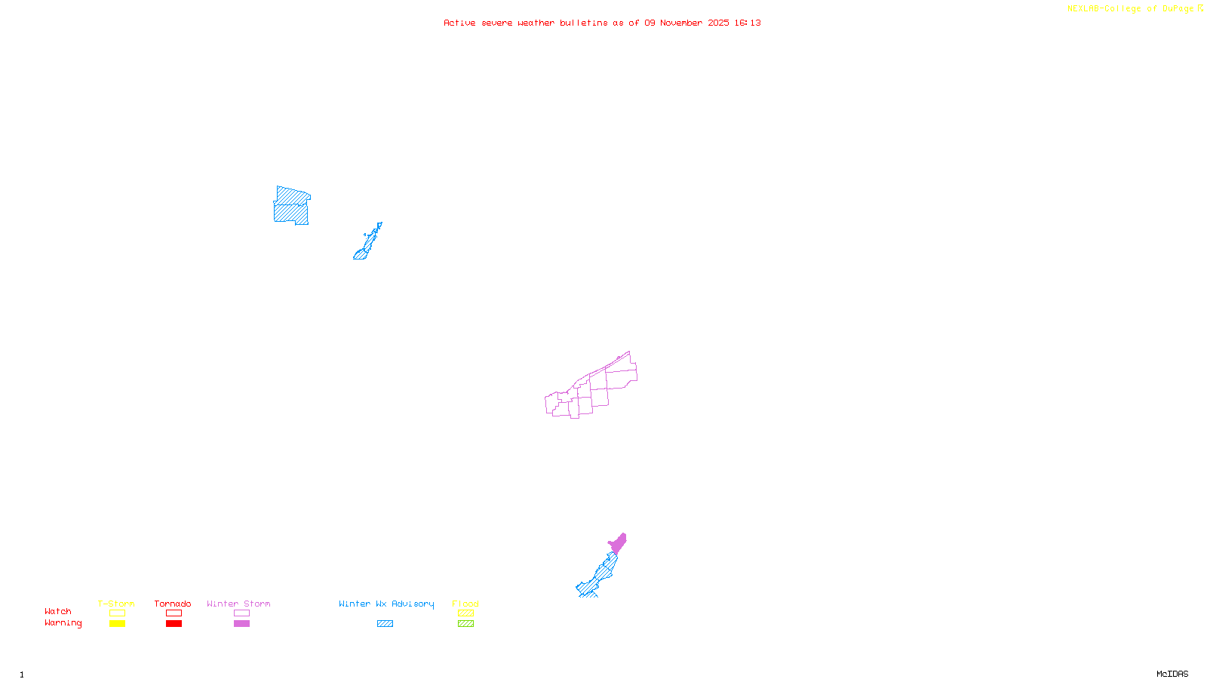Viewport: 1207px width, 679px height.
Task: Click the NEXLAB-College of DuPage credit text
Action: pos(1131,9)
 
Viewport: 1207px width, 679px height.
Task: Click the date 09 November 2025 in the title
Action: pos(686,23)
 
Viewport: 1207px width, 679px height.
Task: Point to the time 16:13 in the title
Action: pos(748,23)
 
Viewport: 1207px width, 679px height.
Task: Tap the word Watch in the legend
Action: pos(58,612)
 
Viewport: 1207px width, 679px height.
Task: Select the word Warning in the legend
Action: pos(63,623)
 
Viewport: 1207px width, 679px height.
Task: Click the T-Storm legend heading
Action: pos(116,604)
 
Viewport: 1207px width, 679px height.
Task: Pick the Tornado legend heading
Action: pos(173,604)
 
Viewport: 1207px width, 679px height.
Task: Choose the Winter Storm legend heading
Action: pos(238,604)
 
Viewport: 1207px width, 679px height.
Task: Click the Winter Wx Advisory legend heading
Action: pos(386,604)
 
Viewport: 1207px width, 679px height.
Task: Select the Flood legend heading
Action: pos(465,604)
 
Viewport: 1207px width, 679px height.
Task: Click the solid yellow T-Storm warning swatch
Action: pos(117,624)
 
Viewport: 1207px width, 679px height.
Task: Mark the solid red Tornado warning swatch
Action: pos(174,624)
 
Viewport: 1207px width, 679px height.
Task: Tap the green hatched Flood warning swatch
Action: pos(466,624)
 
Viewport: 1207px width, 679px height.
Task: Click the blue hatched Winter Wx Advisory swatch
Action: pos(385,624)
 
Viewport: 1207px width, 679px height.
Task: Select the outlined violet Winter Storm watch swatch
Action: pos(241,613)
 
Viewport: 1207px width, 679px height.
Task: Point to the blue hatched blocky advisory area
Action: pos(291,206)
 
